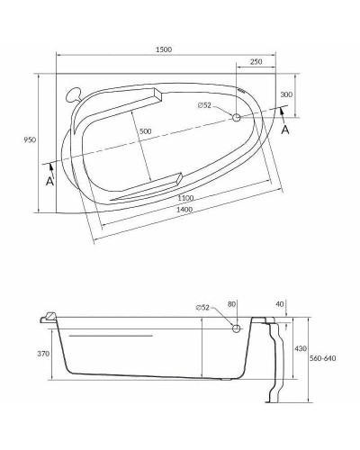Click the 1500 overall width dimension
163,49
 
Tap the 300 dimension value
286,94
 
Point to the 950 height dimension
29,140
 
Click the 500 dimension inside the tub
145,131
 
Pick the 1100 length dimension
185,197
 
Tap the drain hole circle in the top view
238,117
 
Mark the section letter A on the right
285,129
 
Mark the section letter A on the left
51,180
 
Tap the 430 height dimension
302,347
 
